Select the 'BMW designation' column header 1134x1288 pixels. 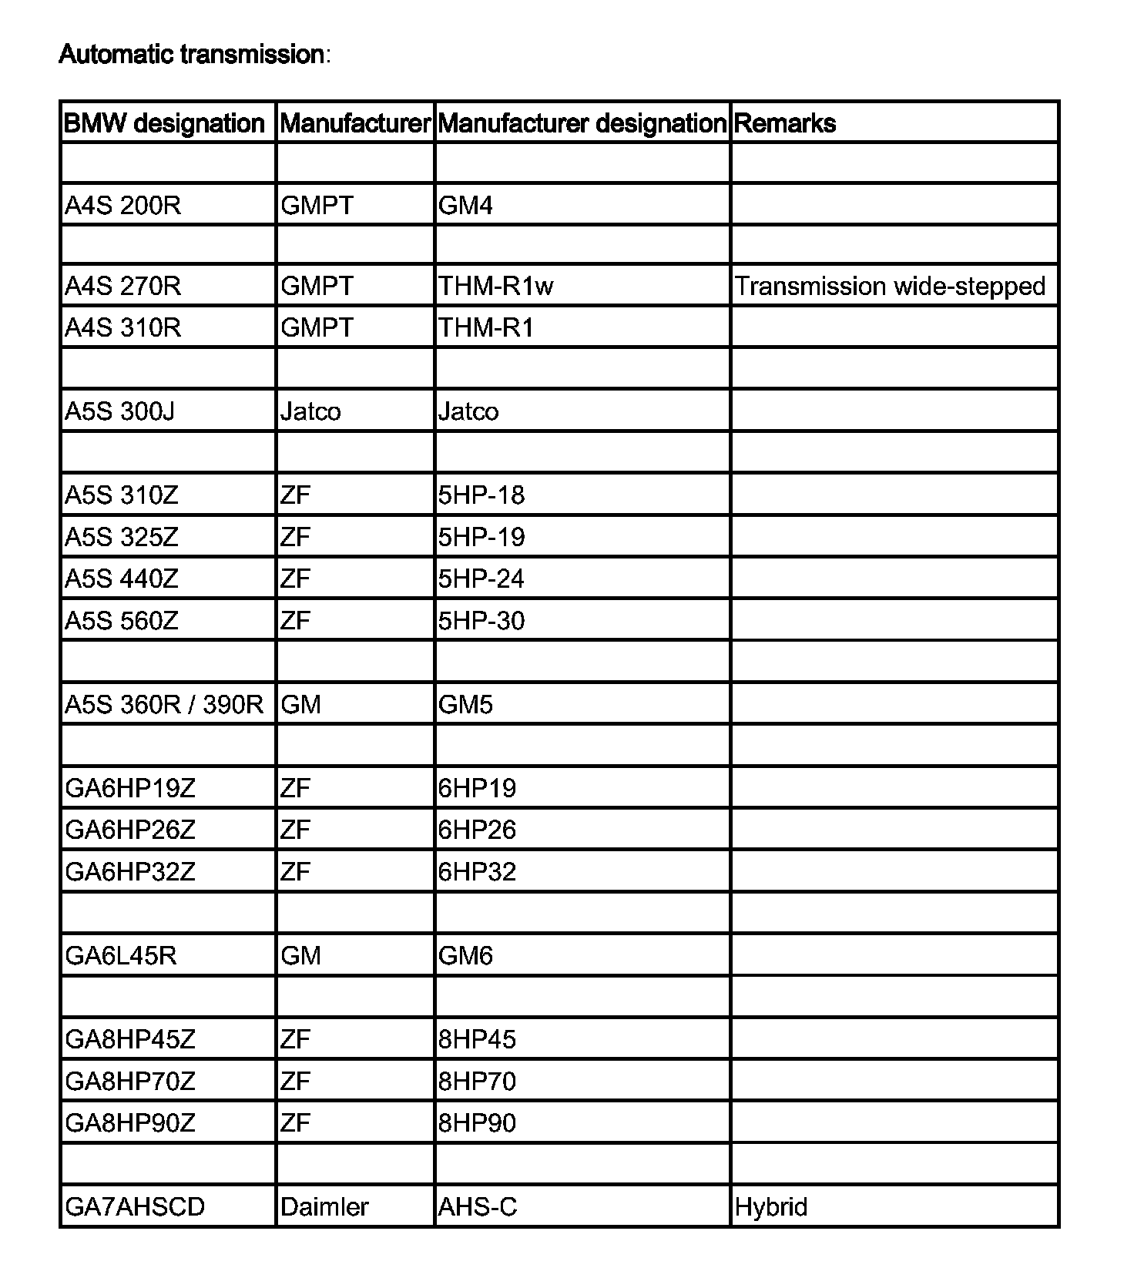point(164,123)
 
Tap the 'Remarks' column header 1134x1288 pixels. point(785,123)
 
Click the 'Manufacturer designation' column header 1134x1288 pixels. point(582,123)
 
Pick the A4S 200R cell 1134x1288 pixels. point(123,206)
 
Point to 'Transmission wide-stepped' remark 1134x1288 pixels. point(891,287)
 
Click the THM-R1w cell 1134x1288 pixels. point(495,287)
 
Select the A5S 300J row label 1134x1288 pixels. point(120,411)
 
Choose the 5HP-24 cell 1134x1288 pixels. point(481,579)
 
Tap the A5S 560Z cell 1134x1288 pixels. point(122,621)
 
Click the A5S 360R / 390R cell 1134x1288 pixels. point(164,704)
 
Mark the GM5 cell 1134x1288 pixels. point(465,704)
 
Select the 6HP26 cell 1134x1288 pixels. point(477,830)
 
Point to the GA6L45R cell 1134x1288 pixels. point(121,956)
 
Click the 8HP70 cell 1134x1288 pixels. point(477,1082)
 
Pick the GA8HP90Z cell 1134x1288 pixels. point(130,1123)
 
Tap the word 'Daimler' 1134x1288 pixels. point(324,1206)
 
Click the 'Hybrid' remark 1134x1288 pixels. point(771,1206)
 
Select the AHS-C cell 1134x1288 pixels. point(478,1206)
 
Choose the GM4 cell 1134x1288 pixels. point(465,206)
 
